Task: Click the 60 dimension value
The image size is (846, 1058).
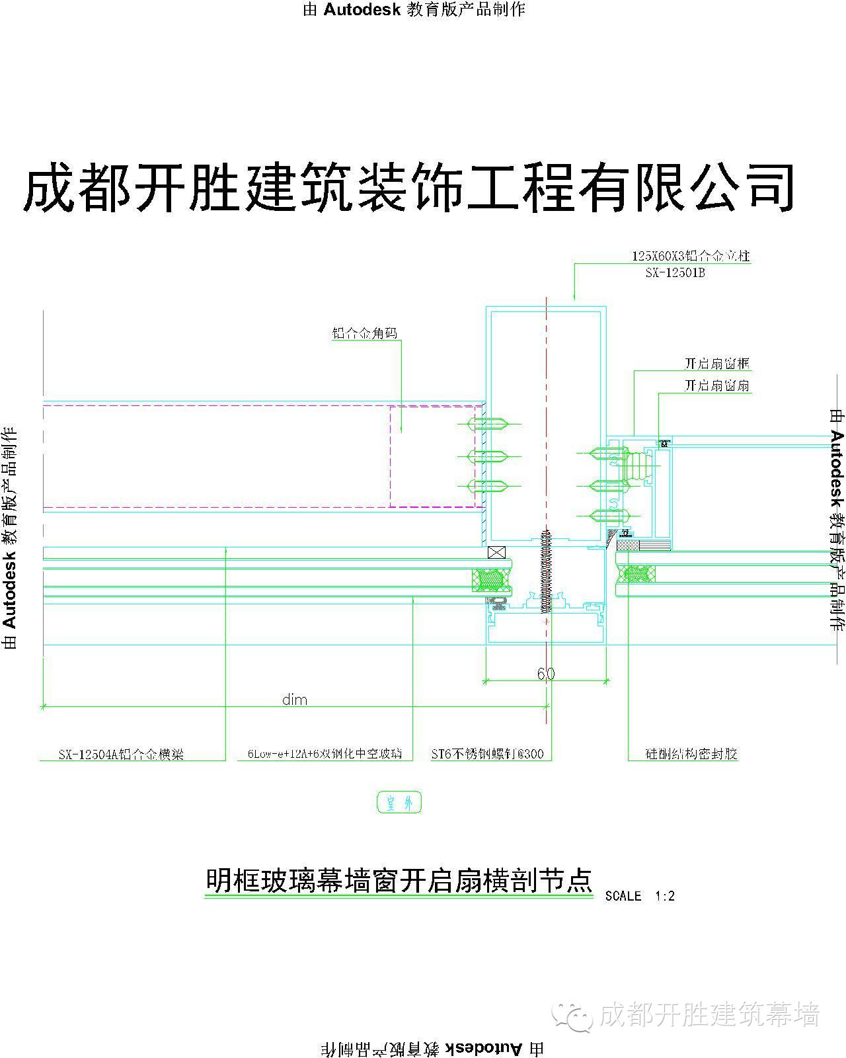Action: (x=545, y=673)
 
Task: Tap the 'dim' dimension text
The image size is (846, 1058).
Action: (x=295, y=700)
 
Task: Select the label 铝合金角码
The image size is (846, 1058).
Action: (x=365, y=333)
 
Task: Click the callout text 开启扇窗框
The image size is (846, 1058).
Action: (x=716, y=364)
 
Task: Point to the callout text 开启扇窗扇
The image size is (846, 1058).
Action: (x=716, y=386)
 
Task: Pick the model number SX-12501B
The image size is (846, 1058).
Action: (x=675, y=272)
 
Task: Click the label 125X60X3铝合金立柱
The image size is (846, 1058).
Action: (x=691, y=256)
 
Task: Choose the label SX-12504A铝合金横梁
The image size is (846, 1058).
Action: (x=121, y=754)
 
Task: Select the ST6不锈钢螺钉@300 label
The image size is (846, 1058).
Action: (x=487, y=754)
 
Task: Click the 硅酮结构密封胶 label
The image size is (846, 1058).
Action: (x=691, y=754)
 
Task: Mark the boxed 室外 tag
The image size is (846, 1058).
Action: (x=399, y=803)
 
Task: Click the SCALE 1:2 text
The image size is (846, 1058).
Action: (x=639, y=896)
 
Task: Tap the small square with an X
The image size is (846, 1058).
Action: (x=496, y=552)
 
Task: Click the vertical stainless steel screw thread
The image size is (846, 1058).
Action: (x=545, y=572)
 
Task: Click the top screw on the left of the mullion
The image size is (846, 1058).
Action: (x=488, y=424)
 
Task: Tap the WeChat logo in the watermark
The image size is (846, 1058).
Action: (x=573, y=1015)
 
